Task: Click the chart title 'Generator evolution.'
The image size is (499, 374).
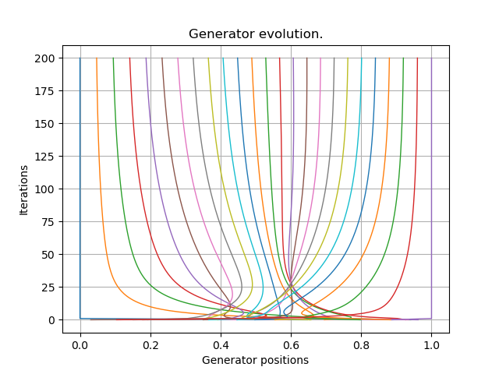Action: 256,34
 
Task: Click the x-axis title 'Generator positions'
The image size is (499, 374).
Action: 255,360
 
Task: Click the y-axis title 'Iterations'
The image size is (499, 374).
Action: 24,189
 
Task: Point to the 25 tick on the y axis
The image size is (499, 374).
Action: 48,288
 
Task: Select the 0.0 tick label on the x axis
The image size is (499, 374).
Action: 80,340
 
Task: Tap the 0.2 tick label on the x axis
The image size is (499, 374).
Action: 150,340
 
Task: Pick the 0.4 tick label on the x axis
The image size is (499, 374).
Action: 221,340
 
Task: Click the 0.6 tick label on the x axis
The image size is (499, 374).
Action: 291,340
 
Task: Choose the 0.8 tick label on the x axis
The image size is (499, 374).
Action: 361,340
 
